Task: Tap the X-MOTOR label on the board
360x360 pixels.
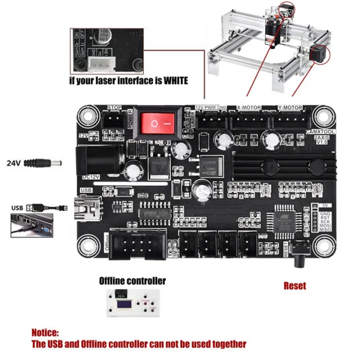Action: (248, 107)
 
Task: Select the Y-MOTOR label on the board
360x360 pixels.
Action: (290, 107)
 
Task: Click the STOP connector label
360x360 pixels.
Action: (115, 107)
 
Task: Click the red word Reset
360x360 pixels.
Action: (295, 286)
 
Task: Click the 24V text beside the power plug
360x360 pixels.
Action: (14, 163)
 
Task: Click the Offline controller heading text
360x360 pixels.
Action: (132, 281)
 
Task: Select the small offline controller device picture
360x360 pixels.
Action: (132, 303)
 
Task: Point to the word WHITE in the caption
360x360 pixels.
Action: (172, 80)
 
